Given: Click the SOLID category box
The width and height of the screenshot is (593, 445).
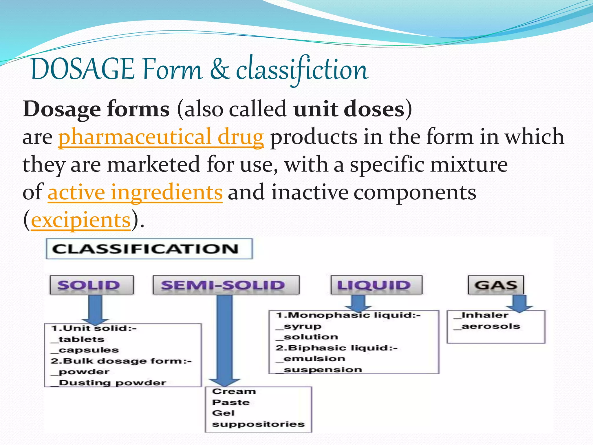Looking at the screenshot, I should pos(91,285).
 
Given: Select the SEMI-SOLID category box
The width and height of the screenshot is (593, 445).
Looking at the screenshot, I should pos(226,285).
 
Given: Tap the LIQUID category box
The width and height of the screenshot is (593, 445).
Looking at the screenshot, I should pos(376,285).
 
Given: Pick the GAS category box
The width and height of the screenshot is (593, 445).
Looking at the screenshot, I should pos(496,285).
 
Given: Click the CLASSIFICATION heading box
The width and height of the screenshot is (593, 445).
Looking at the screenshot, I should pos(149,249).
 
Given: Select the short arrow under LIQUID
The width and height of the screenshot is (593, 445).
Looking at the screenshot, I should pos(358,303).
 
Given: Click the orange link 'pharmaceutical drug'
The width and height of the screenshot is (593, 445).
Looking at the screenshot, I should pos(161,137).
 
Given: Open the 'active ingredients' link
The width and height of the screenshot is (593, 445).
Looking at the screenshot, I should pos(135,192).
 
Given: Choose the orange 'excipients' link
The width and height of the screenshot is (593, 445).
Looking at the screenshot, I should pos(80,220).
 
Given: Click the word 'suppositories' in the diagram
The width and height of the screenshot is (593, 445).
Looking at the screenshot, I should pos(258,424).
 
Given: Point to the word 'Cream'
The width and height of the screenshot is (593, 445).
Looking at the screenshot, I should pos(234,391).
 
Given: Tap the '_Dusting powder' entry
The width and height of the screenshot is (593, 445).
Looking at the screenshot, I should pos(109,383).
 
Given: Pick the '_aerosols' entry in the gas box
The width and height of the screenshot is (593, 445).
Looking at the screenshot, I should pos(487,327).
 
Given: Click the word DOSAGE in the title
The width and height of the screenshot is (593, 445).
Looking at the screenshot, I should pos(83,70).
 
